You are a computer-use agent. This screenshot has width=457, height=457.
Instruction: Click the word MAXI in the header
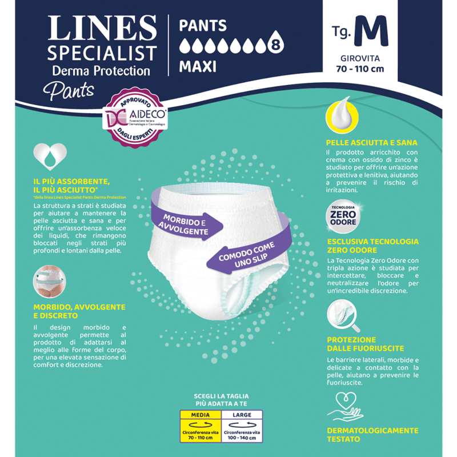tap(198, 67)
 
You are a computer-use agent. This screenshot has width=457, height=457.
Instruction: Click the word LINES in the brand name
tap(102, 28)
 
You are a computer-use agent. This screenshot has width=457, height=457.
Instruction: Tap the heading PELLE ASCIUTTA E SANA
tap(371, 142)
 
